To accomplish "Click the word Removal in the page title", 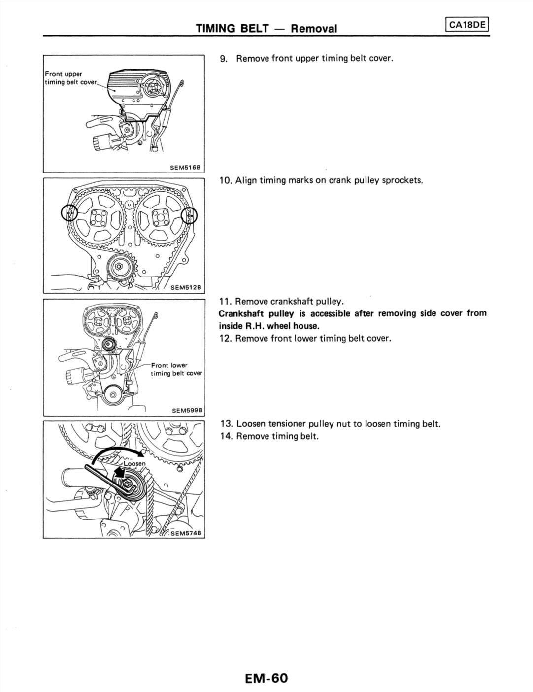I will [314, 29].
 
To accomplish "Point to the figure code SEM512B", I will [187, 288].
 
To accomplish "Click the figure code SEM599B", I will [187, 410].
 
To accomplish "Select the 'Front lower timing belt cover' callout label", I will [176, 369].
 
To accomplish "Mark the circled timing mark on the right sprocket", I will [189, 215].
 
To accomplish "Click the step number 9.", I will [224, 59].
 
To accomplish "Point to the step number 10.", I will [225, 180].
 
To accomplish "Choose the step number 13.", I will [226, 424].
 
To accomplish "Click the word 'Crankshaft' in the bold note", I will [242, 313].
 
